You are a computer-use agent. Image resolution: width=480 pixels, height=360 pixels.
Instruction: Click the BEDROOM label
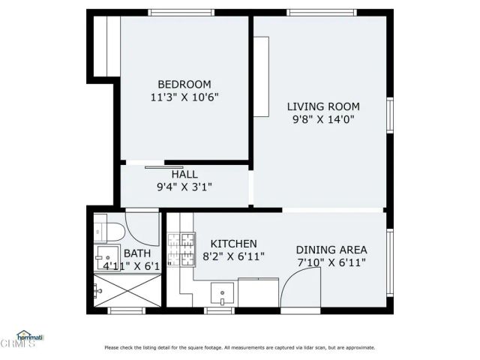click(184, 84)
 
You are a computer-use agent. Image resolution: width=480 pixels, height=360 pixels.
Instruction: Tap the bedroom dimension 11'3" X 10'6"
click(184, 97)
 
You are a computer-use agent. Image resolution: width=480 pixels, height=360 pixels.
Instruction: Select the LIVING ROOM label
click(323, 106)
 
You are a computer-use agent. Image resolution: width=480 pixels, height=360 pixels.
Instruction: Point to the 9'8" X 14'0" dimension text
click(323, 119)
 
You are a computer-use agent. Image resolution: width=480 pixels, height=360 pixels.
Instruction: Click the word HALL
click(184, 174)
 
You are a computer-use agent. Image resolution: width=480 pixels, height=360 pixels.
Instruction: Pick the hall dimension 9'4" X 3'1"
click(184, 187)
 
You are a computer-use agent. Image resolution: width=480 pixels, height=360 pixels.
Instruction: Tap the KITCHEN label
click(233, 244)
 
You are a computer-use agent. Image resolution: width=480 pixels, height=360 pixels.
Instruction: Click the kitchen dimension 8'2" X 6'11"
click(233, 256)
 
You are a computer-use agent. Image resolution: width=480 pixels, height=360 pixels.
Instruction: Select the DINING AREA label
click(331, 250)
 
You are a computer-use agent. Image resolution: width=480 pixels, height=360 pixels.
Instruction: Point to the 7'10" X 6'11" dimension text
click(331, 263)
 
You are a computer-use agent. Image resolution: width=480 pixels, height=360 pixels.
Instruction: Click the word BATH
click(137, 253)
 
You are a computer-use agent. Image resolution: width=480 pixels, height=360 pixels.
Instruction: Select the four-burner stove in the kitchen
click(181, 250)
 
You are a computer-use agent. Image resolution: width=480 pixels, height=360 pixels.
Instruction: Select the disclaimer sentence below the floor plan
click(239, 347)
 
